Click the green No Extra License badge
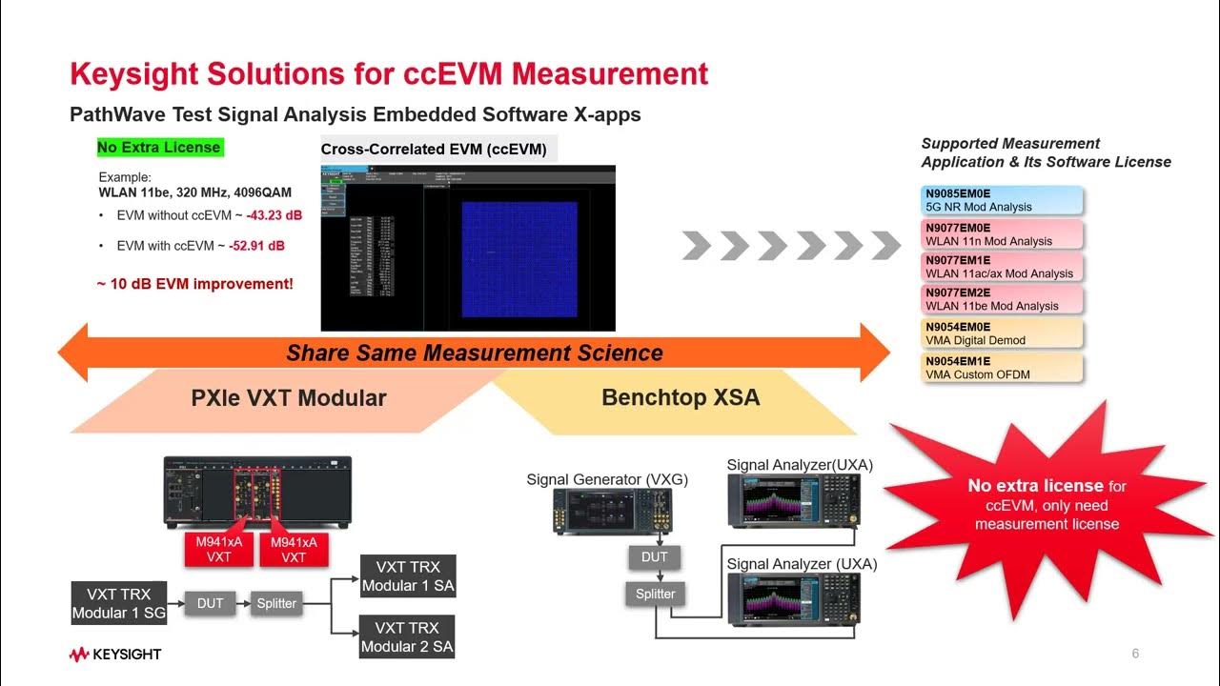click(x=159, y=148)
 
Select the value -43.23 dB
click(x=274, y=215)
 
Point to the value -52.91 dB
click(x=256, y=246)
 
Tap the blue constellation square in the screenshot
click(x=519, y=258)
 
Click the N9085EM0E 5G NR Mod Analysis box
click(x=1003, y=200)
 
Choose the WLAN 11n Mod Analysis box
click(x=1003, y=234)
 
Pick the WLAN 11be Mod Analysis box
click(x=1003, y=299)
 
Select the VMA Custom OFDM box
click(x=1003, y=368)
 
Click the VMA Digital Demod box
click(x=1003, y=333)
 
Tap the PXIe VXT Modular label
click(x=288, y=397)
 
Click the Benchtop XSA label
click(x=681, y=397)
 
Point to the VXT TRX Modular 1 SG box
click(x=119, y=603)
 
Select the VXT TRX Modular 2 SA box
click(x=407, y=637)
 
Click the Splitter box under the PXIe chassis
click(x=276, y=603)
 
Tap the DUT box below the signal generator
click(x=655, y=557)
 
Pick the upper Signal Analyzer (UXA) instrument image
click(x=791, y=501)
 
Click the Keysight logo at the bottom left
click(x=114, y=655)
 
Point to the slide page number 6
click(x=1135, y=654)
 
